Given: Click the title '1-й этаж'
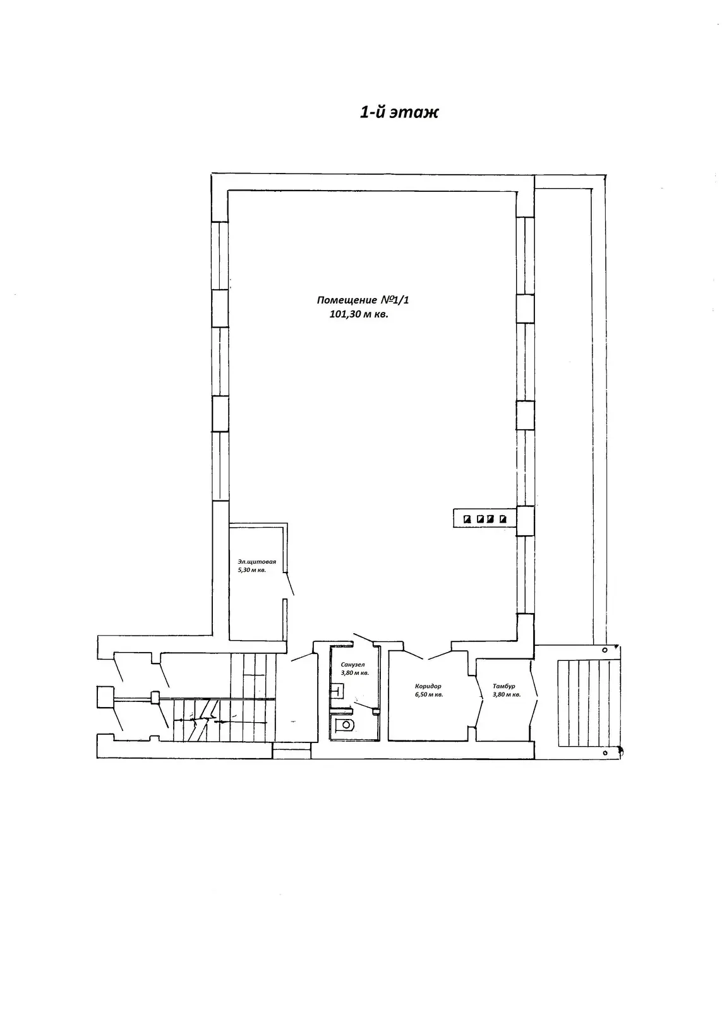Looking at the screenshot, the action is pos(399,112).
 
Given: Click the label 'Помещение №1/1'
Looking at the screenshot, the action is pos(363,300).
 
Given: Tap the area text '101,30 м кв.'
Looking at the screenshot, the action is pos(359,314).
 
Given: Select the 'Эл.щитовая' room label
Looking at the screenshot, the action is pos(256,562).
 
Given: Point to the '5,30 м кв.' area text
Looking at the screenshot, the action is pos(252,570).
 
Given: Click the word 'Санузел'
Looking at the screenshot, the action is pos(353,665).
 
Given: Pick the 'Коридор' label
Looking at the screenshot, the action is pos(428,686).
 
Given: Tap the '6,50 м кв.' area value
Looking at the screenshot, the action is pos(429,694).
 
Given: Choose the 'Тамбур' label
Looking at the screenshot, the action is pos(504,686).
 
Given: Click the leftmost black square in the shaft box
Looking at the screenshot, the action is pos(468,518).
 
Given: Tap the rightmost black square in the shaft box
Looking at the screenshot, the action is pos(503,518).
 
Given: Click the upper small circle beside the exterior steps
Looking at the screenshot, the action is pos(605,650).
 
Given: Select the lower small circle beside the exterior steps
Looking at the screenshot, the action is pos(605,752).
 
